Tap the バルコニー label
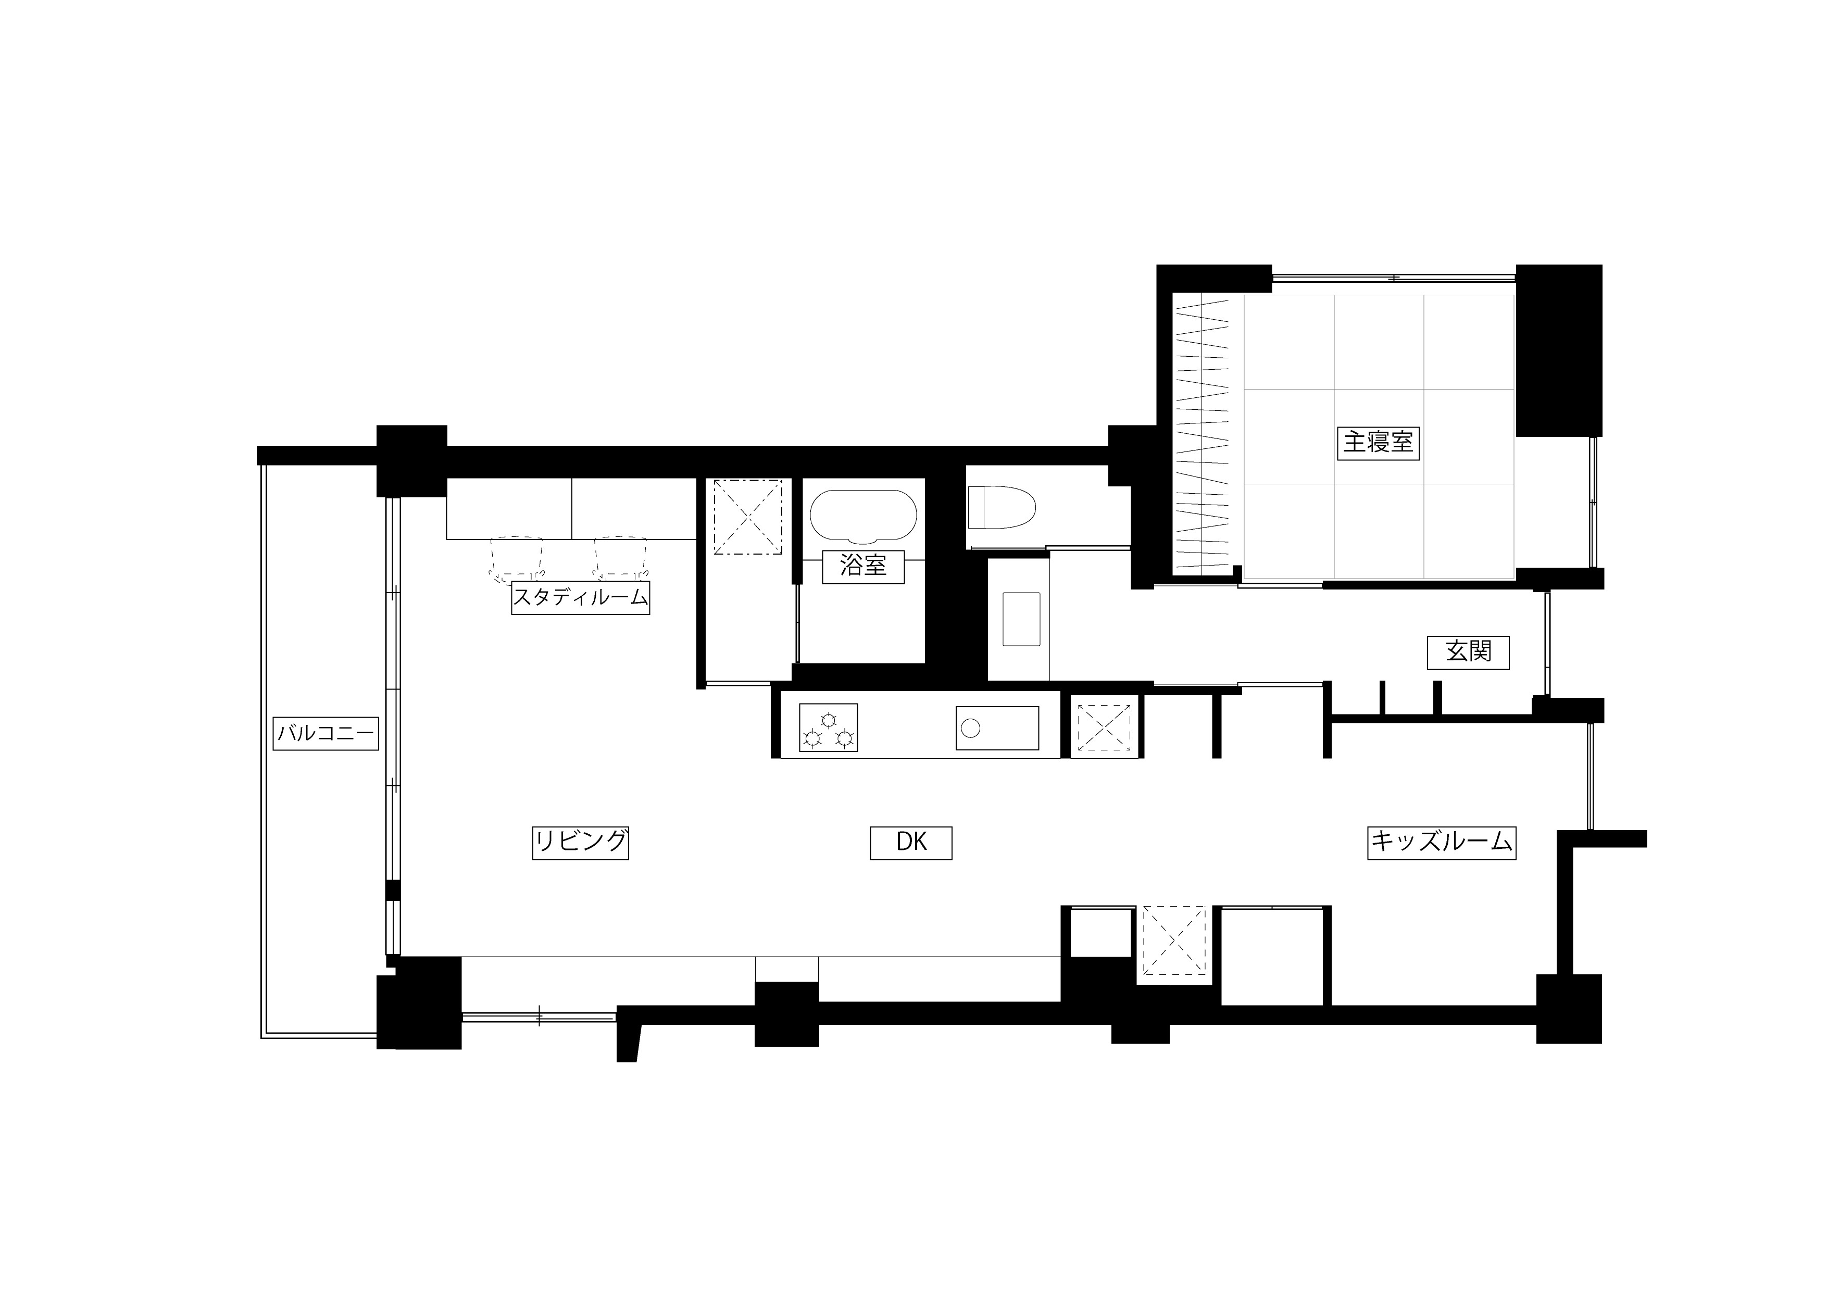coord(326,734)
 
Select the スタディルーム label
coord(580,597)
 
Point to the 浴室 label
coord(864,567)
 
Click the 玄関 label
coord(1468,653)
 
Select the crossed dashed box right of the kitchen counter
coord(1105,727)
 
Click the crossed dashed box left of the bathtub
coord(748,517)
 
